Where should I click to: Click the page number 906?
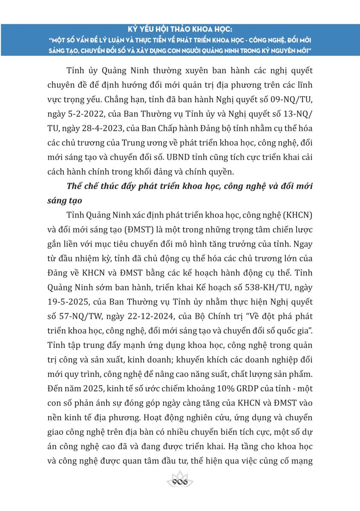click(179, 482)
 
